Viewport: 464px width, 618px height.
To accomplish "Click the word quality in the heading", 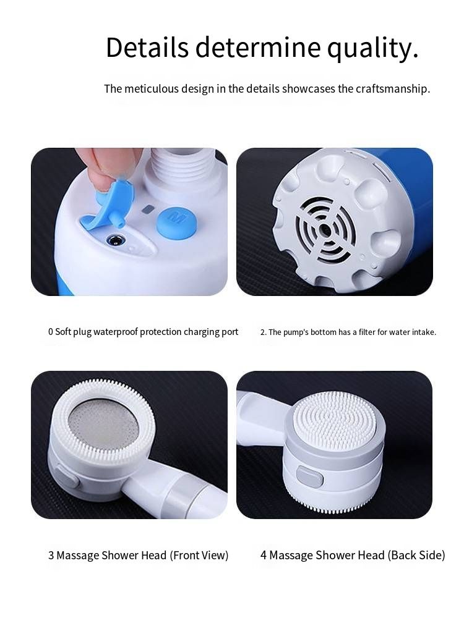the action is click(x=372, y=48).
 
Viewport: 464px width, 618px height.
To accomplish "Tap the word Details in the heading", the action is click(x=147, y=47).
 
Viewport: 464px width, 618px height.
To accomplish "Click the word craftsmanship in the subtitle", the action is click(x=393, y=89).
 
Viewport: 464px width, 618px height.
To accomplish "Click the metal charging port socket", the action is click(x=116, y=240).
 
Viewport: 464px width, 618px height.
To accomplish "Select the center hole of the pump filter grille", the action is click(x=325, y=229).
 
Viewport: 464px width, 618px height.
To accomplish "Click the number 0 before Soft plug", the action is click(x=51, y=332).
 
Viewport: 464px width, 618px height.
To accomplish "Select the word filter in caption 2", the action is click(x=367, y=332).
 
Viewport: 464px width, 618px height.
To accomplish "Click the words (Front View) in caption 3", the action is click(x=199, y=556).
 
